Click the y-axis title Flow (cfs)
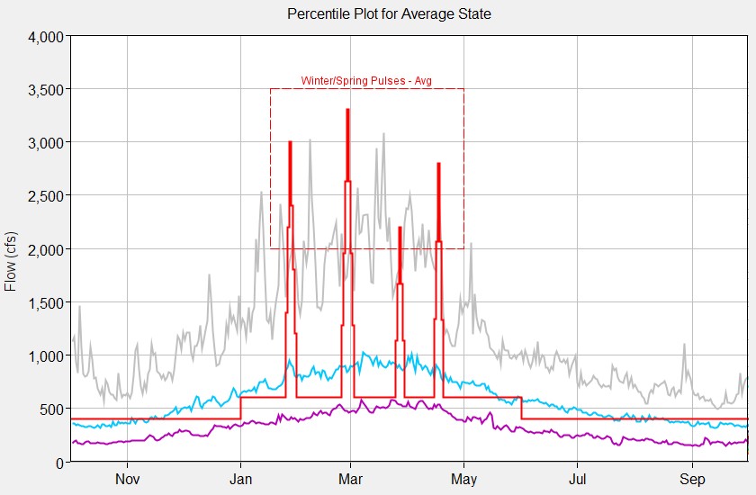12,261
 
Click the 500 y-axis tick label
48,409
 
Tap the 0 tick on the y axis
58,462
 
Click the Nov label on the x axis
128,479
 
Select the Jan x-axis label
241,479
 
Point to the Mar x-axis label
351,479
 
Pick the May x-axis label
463,479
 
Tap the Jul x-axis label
576,479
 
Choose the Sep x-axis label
691,479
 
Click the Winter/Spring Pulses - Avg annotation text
366,81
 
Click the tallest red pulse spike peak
347,111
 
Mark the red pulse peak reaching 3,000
290,143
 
